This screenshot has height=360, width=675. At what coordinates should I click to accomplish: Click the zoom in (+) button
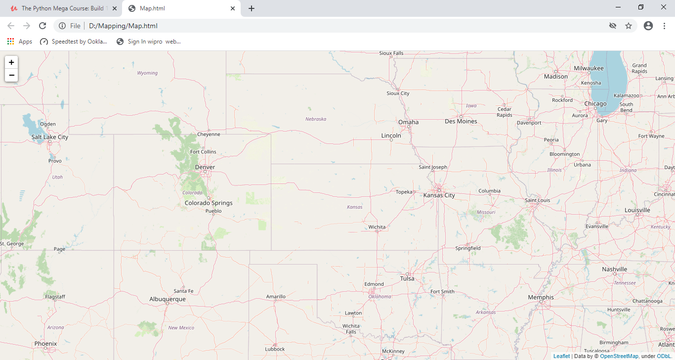[x=11, y=62]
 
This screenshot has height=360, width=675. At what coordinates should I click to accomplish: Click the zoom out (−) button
[x=11, y=75]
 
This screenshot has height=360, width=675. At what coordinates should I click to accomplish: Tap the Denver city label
[x=205, y=167]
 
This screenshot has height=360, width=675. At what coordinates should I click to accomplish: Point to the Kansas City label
[x=439, y=195]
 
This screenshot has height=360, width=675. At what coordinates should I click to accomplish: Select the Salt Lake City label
[x=50, y=137]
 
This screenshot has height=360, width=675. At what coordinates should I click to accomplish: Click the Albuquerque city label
[x=168, y=299]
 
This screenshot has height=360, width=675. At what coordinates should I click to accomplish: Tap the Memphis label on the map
[x=541, y=297]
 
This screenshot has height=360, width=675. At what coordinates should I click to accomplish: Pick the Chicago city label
[x=595, y=104]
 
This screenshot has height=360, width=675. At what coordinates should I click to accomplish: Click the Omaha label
[x=408, y=122]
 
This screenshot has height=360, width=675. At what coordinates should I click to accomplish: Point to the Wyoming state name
[x=147, y=73]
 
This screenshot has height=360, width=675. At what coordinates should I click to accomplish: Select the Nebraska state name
[x=316, y=119]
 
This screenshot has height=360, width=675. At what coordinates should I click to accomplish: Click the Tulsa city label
[x=407, y=278]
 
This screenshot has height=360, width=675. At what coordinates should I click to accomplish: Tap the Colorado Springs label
[x=209, y=203]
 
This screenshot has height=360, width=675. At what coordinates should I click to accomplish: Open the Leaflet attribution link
[x=561, y=356]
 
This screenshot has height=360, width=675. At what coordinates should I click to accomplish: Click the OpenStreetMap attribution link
[x=619, y=356]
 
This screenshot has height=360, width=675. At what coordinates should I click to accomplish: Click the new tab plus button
[x=252, y=8]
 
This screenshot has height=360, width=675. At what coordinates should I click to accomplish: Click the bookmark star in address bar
[x=629, y=26]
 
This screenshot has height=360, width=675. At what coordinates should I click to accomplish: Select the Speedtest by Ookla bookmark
[x=74, y=42]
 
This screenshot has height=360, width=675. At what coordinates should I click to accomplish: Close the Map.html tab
[x=233, y=8]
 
